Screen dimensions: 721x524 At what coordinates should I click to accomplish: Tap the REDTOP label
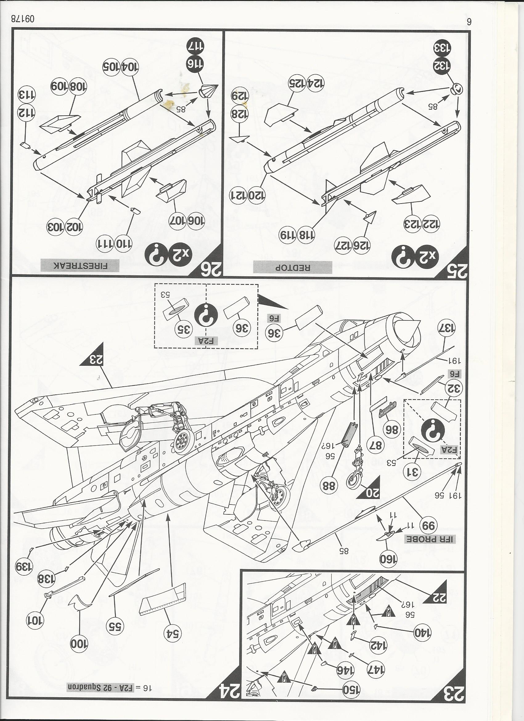coord(292,267)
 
